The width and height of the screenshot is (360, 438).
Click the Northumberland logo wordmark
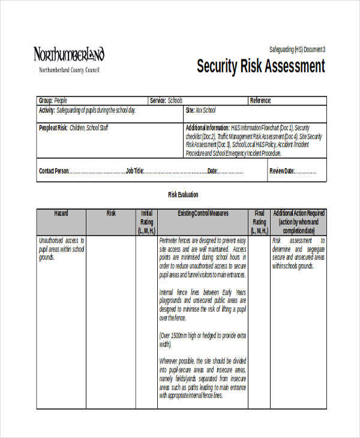tap(68, 55)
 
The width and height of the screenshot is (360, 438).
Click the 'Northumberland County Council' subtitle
tap(69, 70)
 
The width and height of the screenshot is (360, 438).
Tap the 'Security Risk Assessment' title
tap(260, 66)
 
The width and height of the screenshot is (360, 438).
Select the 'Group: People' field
tap(53, 101)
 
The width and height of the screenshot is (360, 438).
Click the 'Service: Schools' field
tap(166, 101)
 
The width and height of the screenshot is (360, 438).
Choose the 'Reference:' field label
tap(260, 101)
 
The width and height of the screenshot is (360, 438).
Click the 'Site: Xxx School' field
tap(200, 110)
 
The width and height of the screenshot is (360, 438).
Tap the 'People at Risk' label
tap(53, 128)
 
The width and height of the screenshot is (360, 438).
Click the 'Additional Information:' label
tap(208, 128)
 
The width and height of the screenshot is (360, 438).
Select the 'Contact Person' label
tap(54, 171)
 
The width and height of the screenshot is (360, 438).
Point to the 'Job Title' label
tap(134, 171)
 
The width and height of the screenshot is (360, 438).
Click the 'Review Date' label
tap(282, 171)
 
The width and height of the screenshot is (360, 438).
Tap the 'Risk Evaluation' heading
tap(183, 195)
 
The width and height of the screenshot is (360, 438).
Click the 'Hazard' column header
tap(61, 213)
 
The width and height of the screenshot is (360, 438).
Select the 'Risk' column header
tap(111, 213)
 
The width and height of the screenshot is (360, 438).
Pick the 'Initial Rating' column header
tap(146, 221)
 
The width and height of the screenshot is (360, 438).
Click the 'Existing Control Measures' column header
tap(203, 213)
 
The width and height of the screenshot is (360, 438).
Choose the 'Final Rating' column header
tap(259, 221)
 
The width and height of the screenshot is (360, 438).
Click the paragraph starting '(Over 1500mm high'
tap(203, 340)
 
